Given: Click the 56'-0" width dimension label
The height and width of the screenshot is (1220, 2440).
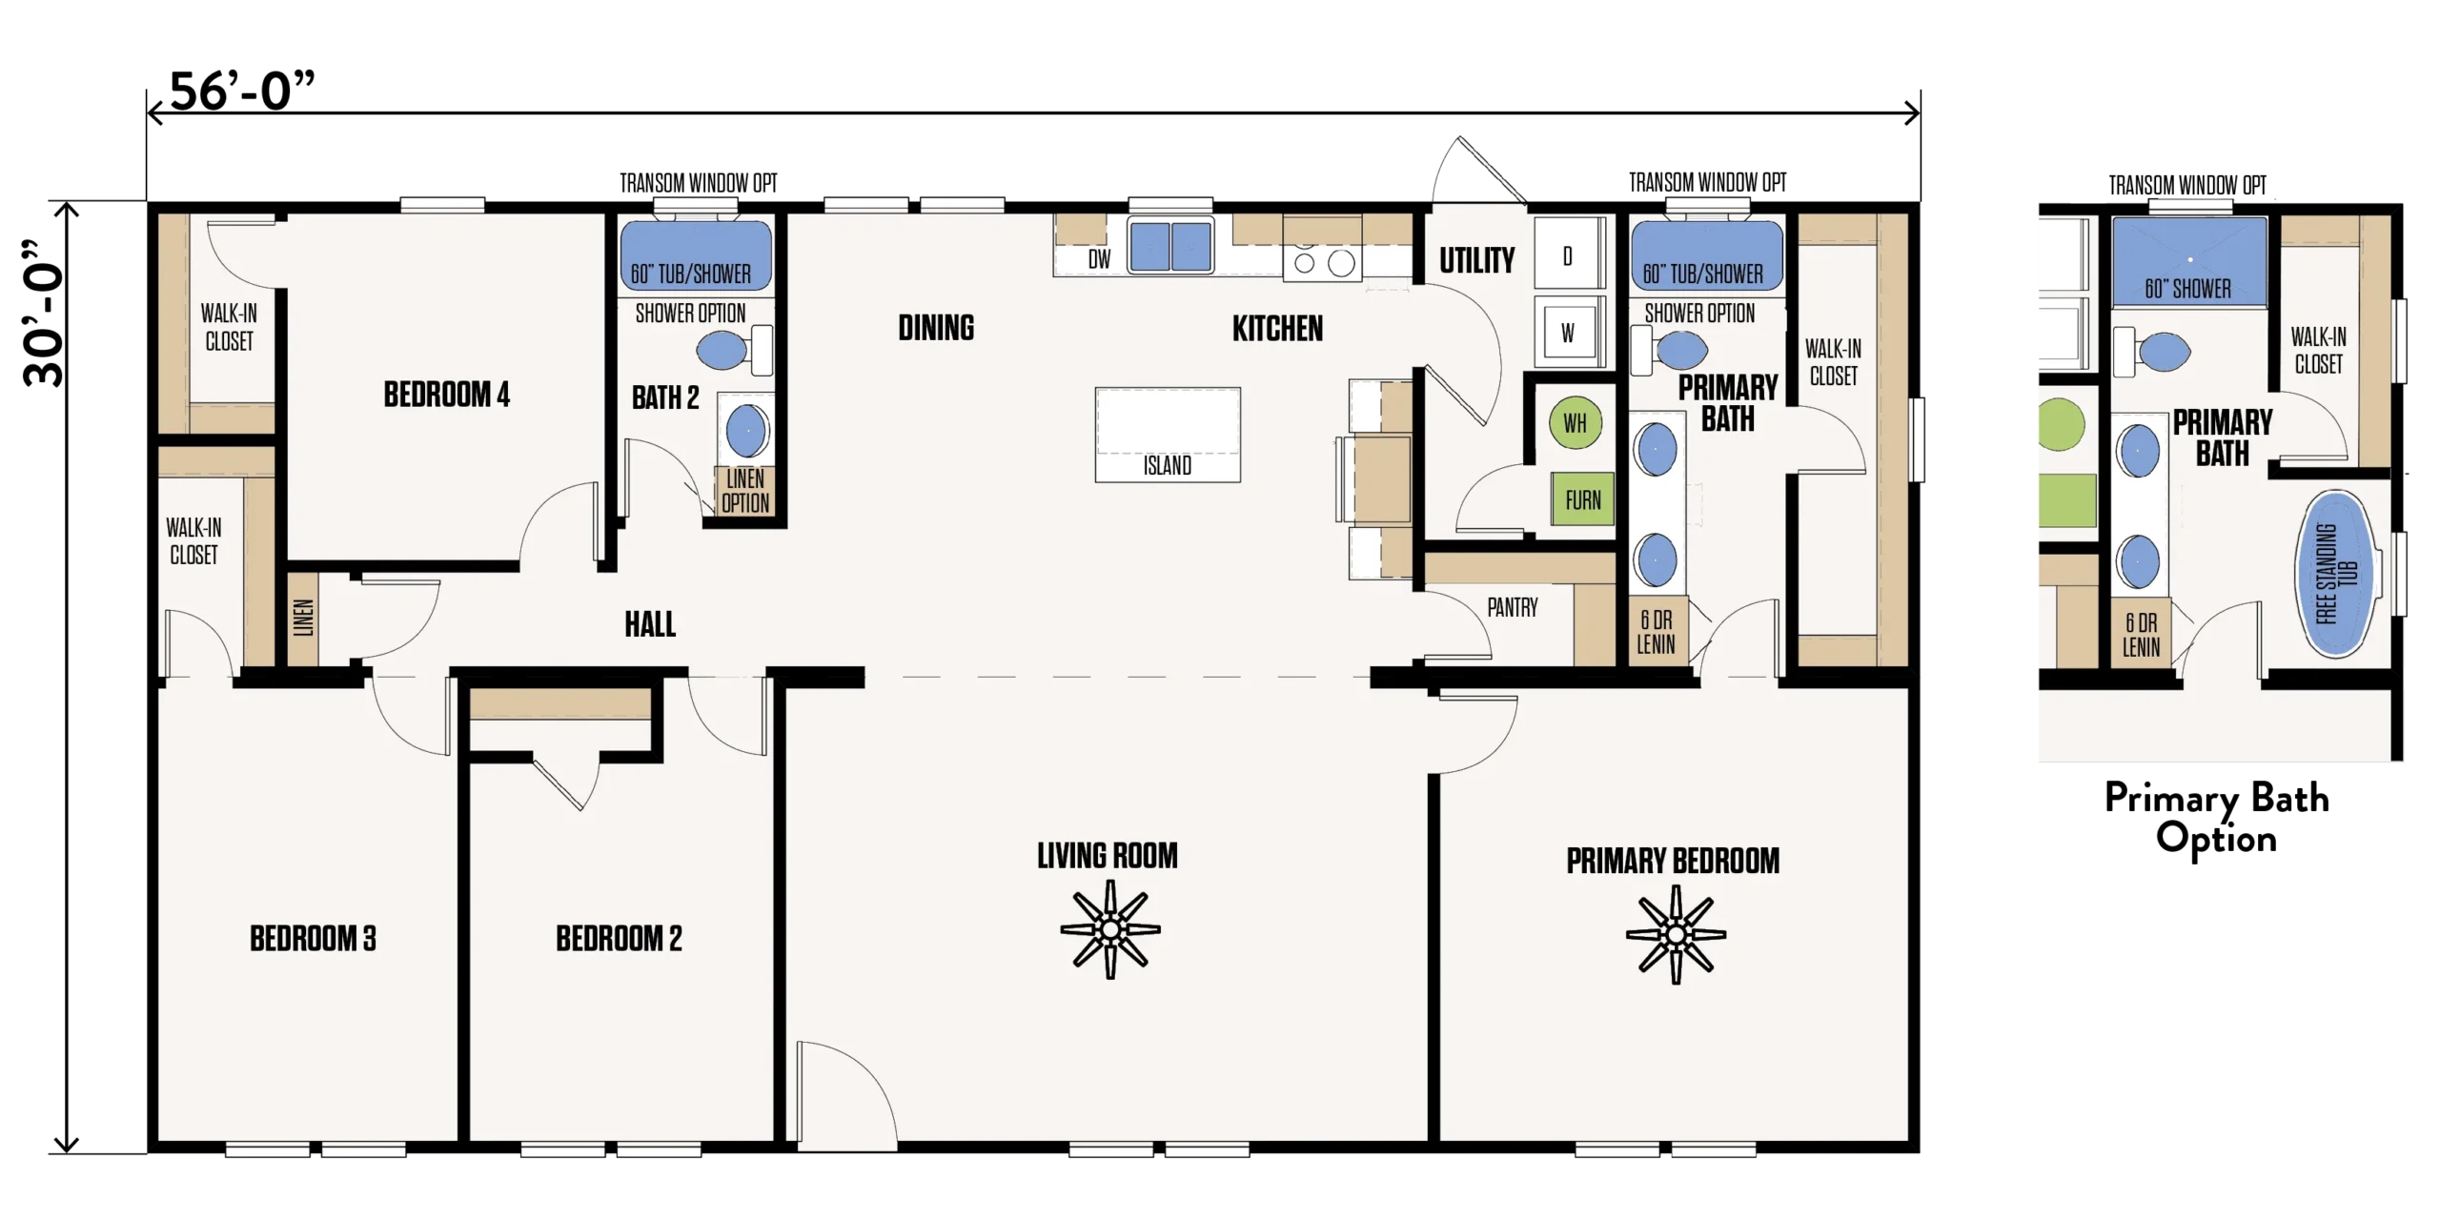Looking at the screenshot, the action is point(242,91).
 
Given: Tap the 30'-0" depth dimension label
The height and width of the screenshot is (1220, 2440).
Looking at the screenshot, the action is point(44,314).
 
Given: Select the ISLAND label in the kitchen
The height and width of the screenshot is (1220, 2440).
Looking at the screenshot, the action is point(1168,465).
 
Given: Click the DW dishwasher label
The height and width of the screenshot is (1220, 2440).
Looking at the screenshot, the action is point(1099,259).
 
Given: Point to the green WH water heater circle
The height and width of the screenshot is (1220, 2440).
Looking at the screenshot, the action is point(1576,423).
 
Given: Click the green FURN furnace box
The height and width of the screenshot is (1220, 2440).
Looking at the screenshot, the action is point(1582,499).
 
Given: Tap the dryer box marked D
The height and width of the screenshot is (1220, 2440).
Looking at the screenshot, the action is point(1568,254).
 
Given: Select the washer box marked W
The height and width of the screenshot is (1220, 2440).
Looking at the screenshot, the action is point(1567,331).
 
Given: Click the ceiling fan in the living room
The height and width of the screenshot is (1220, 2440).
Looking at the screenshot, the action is point(1110,929).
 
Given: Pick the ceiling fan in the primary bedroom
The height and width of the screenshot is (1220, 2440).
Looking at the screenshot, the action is point(1676,935).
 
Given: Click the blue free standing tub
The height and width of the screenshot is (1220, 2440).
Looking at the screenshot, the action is point(2334,574).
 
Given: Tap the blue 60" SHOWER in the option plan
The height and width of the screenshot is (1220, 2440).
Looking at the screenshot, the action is point(2189,261).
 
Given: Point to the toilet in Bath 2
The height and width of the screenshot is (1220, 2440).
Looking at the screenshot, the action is point(735,351).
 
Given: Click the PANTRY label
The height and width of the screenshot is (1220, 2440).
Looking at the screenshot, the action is point(1513,607).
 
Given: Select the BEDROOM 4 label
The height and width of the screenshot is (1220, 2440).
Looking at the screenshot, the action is point(446,394).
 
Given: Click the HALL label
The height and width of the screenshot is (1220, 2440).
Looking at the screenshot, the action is point(650,624).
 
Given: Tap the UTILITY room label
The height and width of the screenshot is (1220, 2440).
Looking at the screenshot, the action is point(1476,260).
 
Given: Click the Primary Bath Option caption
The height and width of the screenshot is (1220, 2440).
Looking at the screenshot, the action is point(2217,818).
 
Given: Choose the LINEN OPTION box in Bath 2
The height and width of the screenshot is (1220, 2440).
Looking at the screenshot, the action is point(744,491).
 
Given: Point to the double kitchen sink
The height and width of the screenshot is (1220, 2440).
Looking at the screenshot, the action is point(1170,246).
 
